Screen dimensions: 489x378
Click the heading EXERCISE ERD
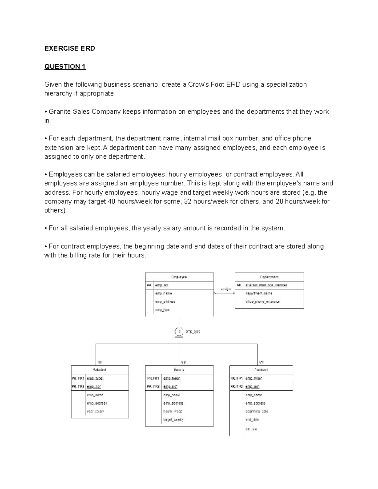[70, 48]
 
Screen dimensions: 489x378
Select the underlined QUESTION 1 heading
[65, 67]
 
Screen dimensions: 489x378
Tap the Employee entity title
[179, 277]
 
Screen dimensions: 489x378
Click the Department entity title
[269, 277]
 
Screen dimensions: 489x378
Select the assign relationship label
[226, 289]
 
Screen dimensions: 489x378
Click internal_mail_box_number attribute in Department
[266, 285]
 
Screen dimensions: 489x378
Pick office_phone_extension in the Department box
[262, 302]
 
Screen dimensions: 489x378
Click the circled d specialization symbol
[179, 332]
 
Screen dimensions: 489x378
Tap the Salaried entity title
[100, 370]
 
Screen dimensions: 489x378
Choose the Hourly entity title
[179, 370]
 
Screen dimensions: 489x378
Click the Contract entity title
[261, 370]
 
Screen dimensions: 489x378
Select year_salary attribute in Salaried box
[95, 411]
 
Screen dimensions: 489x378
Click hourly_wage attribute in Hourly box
[173, 411]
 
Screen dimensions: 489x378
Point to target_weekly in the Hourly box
[173, 419]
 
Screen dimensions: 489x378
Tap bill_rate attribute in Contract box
[251, 429]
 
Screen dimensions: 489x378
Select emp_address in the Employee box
[165, 302]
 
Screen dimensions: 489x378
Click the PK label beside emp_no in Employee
[149, 285]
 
